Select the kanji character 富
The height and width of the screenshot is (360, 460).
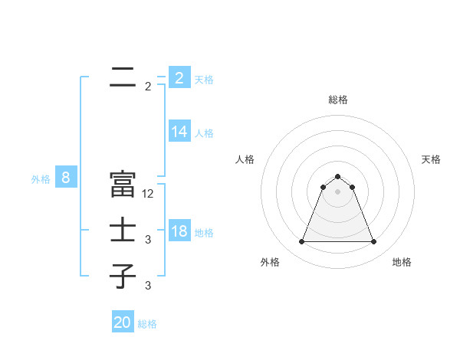tap(123, 184)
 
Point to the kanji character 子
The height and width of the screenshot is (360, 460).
tap(123, 276)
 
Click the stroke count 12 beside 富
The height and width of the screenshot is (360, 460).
tap(149, 194)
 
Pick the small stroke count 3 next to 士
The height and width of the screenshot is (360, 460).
tap(148, 240)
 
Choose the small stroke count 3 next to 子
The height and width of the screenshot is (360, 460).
tap(148, 286)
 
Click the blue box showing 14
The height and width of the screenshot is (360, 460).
tap(179, 132)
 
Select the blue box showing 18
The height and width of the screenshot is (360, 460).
tap(179, 231)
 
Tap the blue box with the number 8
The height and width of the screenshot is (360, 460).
tap(66, 178)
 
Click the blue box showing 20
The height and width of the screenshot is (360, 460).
tap(123, 322)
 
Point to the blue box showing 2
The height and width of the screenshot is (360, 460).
tap(179, 78)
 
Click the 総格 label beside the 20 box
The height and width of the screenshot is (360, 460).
tap(147, 324)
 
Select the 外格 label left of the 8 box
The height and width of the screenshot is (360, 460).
tap(41, 180)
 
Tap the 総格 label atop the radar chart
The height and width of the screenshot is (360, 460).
tap(338, 100)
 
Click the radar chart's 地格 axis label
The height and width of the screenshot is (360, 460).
tap(402, 262)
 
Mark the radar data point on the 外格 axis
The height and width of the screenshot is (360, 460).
tap(301, 242)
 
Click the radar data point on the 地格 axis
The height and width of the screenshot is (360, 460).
tap(374, 242)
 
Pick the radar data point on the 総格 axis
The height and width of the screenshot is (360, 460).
tap(338, 177)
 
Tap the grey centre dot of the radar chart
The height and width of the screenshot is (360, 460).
tap(338, 191)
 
